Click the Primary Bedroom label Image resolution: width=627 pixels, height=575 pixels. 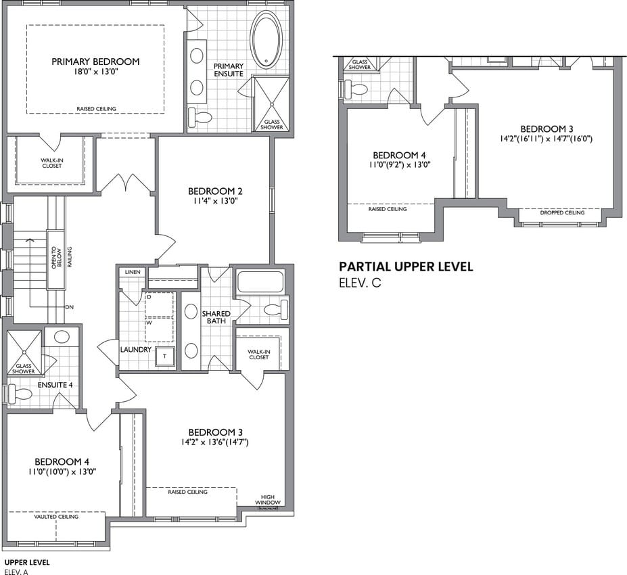click(x=95, y=62)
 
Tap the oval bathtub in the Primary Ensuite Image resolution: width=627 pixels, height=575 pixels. click(x=266, y=40)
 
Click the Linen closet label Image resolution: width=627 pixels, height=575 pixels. click(x=133, y=272)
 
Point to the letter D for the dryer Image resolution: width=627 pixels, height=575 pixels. click(x=149, y=297)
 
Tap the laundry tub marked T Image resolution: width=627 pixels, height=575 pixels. click(x=165, y=356)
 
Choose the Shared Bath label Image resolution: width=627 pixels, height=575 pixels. click(x=216, y=317)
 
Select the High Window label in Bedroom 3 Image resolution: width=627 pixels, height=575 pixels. click(x=268, y=499)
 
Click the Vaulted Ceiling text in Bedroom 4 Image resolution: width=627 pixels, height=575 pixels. click(x=56, y=517)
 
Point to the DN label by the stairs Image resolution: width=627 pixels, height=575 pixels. click(x=69, y=307)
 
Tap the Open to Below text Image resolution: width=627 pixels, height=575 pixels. click(x=56, y=258)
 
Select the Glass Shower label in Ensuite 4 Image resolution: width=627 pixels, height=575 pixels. click(x=24, y=369)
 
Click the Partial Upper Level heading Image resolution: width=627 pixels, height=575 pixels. click(x=406, y=267)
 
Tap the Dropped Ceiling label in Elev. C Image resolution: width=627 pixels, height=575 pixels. click(x=562, y=212)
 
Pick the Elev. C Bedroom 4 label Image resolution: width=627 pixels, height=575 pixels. click(x=399, y=155)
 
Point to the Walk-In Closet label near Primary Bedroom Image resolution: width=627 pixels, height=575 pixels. click(x=52, y=163)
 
